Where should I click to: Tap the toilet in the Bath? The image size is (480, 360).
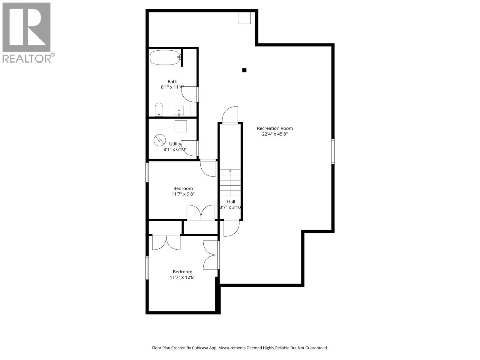pyautogui.click(x=159, y=109)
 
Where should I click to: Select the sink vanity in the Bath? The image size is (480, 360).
pyautogui.click(x=179, y=110)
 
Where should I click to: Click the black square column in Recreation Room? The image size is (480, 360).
pyautogui.click(x=244, y=70)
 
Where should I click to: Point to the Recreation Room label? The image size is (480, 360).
pyautogui.click(x=275, y=128)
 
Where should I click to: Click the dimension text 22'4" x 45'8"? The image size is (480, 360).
pyautogui.click(x=275, y=134)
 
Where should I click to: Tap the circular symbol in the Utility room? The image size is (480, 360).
pyautogui.click(x=160, y=140)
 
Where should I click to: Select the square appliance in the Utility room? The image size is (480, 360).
pyautogui.click(x=181, y=126)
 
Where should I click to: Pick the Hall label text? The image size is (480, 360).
pyautogui.click(x=231, y=202)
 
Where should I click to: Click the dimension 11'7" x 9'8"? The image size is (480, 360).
pyautogui.click(x=183, y=194)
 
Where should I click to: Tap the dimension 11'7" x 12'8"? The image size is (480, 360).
pyautogui.click(x=182, y=277)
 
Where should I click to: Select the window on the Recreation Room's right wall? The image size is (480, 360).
pyautogui.click(x=333, y=151)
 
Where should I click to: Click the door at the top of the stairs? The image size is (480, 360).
pyautogui.click(x=230, y=115)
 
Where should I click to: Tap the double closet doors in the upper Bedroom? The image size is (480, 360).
pyautogui.click(x=201, y=212)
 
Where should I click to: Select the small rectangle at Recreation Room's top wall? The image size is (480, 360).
pyautogui.click(x=244, y=18)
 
